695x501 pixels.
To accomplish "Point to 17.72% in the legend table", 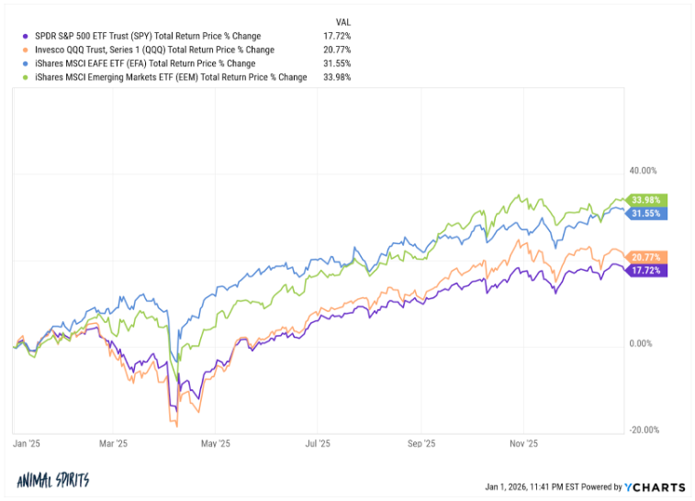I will [336, 37].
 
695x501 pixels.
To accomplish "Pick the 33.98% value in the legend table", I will [336, 77].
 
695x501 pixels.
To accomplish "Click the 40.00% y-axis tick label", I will [643, 171].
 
